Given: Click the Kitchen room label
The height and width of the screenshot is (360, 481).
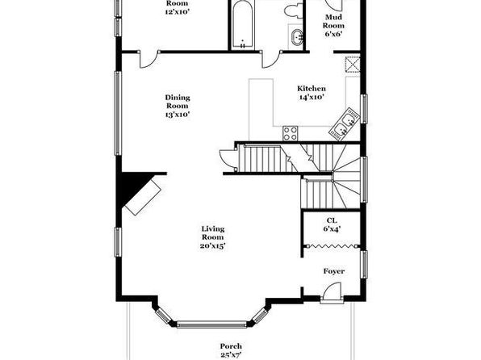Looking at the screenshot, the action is point(312,89).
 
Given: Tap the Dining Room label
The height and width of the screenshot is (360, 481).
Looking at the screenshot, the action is point(178,102).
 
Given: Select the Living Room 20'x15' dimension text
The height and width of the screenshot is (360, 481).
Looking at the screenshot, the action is point(213,246).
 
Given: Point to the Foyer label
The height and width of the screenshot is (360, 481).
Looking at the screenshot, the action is point(334,271).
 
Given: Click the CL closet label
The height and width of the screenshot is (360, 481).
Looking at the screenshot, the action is point(332,220).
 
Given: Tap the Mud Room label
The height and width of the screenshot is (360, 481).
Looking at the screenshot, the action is point(333,21).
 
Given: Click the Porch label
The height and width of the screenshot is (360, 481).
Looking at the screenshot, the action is point(231,346).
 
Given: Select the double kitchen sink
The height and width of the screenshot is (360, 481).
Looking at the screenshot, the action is point(344,123).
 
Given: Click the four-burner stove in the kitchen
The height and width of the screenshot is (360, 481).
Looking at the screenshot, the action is point(291,133).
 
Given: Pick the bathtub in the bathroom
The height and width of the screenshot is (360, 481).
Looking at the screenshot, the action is point(243,24).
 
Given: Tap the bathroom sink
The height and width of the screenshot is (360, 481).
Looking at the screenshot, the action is point(296,36).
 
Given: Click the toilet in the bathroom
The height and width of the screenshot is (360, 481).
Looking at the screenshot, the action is point(293,11).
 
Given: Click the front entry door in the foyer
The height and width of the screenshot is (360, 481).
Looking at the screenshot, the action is point(332,292).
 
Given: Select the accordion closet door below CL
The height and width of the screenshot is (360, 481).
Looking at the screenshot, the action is point(332,245).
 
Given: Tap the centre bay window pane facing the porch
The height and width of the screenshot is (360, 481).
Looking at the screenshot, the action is point(212,324).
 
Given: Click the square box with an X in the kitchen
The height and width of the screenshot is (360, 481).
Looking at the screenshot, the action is point(352,64).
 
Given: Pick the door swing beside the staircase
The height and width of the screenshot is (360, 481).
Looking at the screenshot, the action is point(228,158).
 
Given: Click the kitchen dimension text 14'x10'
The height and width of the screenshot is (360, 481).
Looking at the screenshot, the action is point(312,98).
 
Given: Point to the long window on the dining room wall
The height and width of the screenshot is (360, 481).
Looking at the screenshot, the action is point(118,113).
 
